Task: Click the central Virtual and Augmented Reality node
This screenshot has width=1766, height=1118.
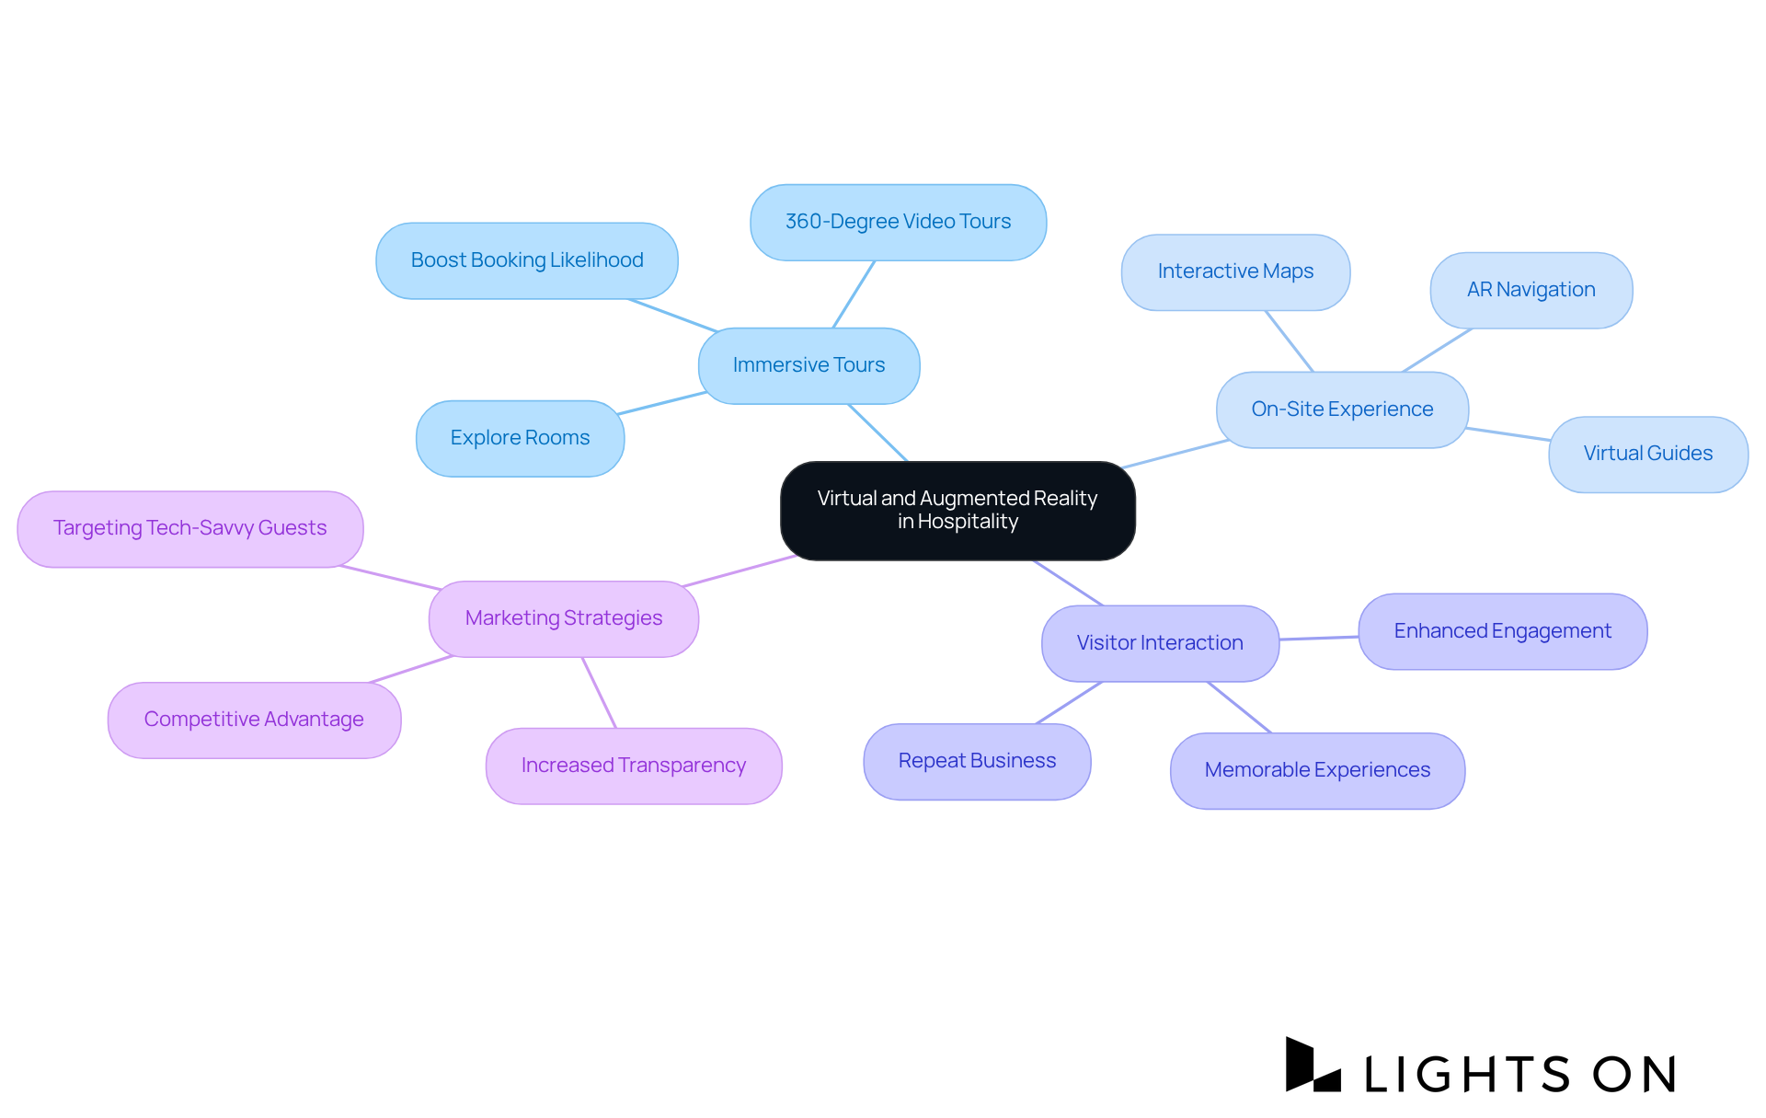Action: [958, 511]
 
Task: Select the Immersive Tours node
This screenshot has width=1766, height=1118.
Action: [808, 365]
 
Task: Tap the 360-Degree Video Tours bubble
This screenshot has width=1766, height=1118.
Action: [898, 222]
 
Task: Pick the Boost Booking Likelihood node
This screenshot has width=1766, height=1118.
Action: [527, 260]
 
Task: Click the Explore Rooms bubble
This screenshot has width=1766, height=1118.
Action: [520, 438]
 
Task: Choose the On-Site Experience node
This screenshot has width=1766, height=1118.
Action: [1342, 409]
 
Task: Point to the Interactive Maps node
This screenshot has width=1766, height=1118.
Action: [1235, 271]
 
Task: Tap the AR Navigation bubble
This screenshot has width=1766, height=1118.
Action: [1531, 290]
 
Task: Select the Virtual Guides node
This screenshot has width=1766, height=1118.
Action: [1647, 454]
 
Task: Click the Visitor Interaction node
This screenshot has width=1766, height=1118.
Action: [1160, 643]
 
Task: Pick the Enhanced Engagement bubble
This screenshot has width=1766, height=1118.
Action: [1502, 631]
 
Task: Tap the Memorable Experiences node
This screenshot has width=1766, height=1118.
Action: [1317, 770]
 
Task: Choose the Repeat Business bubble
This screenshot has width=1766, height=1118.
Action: [977, 761]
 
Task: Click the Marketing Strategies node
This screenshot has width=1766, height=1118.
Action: [564, 618]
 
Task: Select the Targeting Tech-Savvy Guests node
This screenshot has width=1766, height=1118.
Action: [190, 528]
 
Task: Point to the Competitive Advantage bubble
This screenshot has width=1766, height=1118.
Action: [254, 720]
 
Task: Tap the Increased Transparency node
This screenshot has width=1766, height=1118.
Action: [634, 766]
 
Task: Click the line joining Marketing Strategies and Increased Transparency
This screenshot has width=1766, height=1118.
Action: [599, 693]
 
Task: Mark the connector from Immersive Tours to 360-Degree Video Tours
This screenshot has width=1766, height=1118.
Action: [854, 294]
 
